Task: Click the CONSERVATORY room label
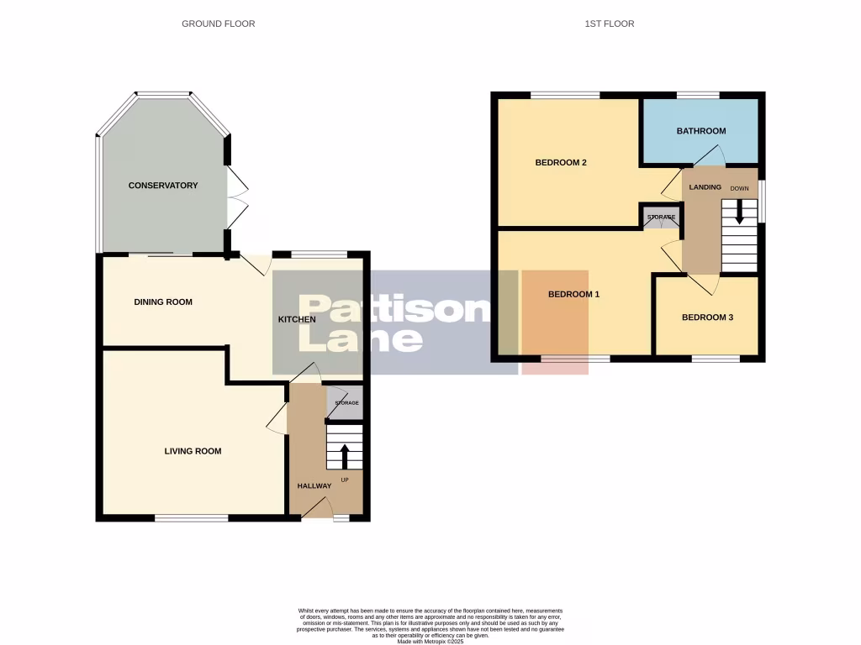coord(162,186)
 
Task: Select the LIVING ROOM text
coord(193,451)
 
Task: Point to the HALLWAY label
coord(314,486)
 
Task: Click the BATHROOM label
coord(701,131)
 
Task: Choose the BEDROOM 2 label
coord(561,163)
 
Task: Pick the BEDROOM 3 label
coord(707,317)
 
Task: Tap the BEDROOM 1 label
coord(573,295)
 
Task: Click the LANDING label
coord(705,187)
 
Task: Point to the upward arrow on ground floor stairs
coord(344,456)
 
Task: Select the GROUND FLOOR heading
coord(218,24)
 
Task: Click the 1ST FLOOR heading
coord(609,24)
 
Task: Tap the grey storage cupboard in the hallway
coord(346,403)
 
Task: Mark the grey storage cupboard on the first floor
coord(661,217)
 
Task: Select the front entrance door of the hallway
coord(316,507)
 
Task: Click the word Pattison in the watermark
coord(394,310)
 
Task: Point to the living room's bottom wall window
coord(192,518)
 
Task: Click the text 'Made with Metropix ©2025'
coord(430,642)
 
